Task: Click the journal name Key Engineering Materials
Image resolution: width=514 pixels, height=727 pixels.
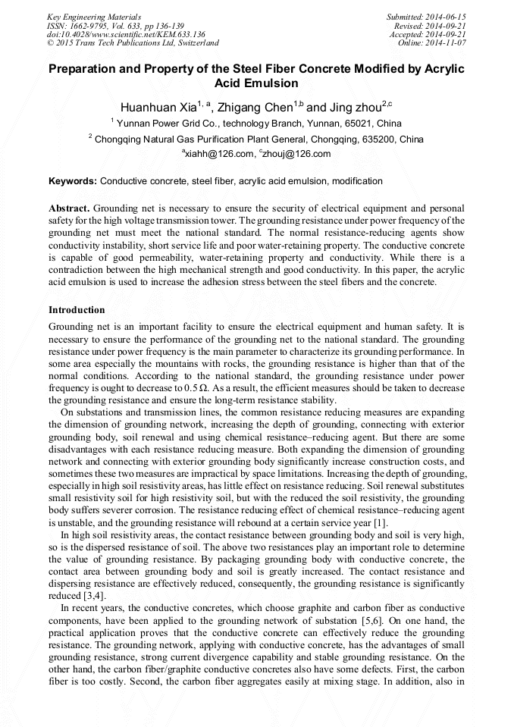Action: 93,16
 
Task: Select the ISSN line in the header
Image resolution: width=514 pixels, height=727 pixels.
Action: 114,25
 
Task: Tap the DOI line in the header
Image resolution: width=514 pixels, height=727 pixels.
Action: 126,34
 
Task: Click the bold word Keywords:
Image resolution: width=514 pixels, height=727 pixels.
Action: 73,181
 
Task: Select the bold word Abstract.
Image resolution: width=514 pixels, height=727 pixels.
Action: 70,208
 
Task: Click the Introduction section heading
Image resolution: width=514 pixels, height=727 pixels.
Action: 77,310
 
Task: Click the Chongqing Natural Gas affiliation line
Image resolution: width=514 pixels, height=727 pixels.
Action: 258,139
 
